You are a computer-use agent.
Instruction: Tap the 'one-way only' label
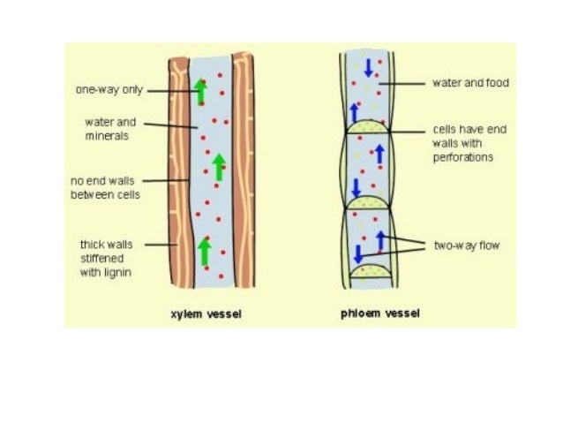pyautogui.click(x=104, y=89)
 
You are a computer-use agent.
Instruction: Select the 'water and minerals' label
pyautogui.click(x=110, y=129)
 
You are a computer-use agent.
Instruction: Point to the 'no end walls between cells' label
pyautogui.click(x=105, y=186)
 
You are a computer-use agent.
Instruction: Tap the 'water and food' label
pyautogui.click(x=469, y=84)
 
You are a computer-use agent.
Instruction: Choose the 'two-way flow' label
pyautogui.click(x=467, y=245)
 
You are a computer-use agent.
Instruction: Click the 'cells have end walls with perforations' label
pyautogui.click(x=469, y=143)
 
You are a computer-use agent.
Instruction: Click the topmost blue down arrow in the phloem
pyautogui.click(x=367, y=67)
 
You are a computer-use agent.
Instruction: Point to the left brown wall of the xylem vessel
pyautogui.click(x=179, y=177)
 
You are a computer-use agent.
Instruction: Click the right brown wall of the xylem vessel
pyautogui.click(x=242, y=177)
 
